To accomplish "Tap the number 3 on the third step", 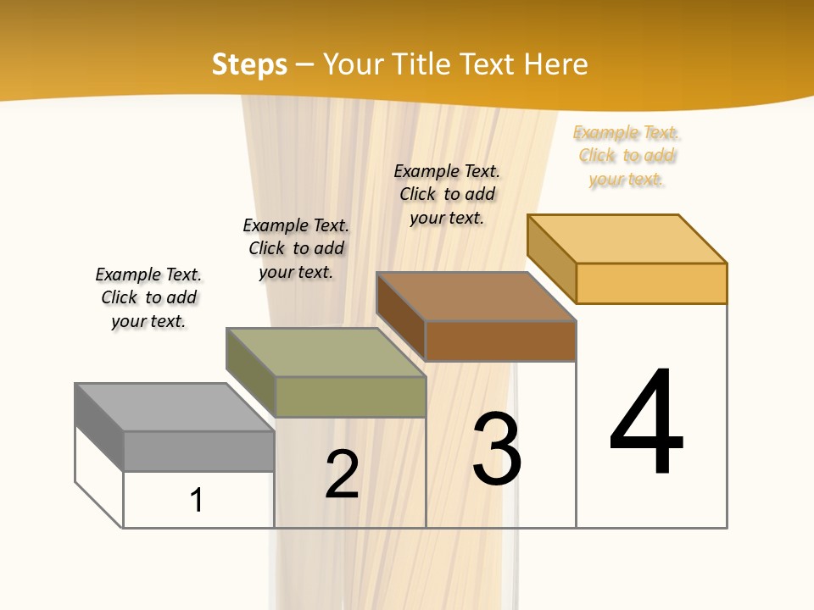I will (x=496, y=449).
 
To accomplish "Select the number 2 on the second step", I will (x=342, y=474).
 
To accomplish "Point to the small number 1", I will (x=197, y=500).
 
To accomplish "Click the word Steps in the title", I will (x=249, y=64).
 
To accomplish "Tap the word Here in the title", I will (x=556, y=64).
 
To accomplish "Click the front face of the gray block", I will (x=198, y=451).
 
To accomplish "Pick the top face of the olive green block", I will (x=326, y=352).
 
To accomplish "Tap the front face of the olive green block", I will (x=350, y=396).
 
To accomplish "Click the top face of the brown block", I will (x=477, y=297).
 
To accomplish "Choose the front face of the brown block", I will (x=500, y=341).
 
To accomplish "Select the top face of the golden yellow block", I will (x=627, y=239).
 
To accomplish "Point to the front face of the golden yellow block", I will (x=651, y=283).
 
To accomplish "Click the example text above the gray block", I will (x=148, y=297).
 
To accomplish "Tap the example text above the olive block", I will (x=296, y=248).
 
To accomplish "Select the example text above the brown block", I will (x=447, y=194).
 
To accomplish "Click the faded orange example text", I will (x=627, y=156).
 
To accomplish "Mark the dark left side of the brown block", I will (x=400, y=316).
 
